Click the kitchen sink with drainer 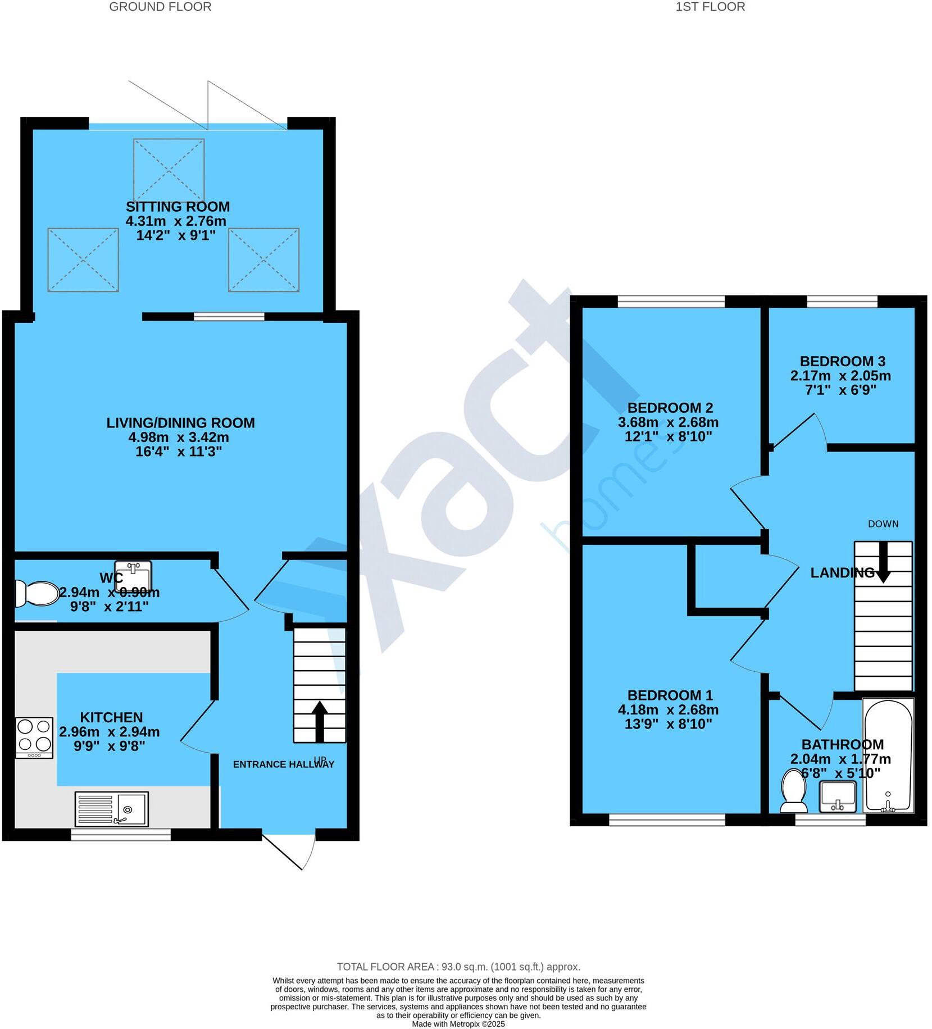pyautogui.click(x=111, y=809)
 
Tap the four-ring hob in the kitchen pyautogui.click(x=34, y=737)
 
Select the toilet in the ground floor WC pyautogui.click(x=37, y=593)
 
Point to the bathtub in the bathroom pyautogui.click(x=888, y=755)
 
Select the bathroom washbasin pyautogui.click(x=838, y=796)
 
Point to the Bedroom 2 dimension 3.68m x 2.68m pyautogui.click(x=668, y=422)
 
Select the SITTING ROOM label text pyautogui.click(x=178, y=207)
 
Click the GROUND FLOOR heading pyautogui.click(x=160, y=7)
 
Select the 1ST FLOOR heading pyautogui.click(x=710, y=7)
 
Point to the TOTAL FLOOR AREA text pyautogui.click(x=458, y=967)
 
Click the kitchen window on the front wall pyautogui.click(x=121, y=835)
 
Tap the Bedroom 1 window pyautogui.click(x=667, y=821)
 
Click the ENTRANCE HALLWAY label pyautogui.click(x=283, y=764)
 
